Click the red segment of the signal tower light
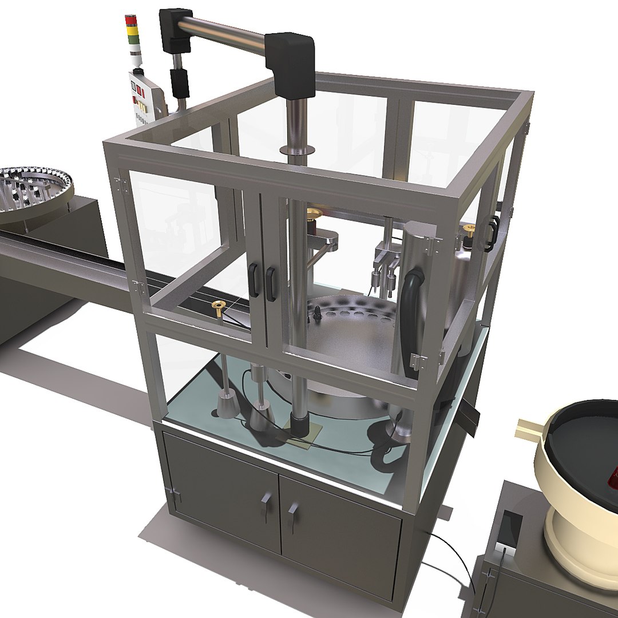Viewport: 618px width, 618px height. click(x=132, y=21)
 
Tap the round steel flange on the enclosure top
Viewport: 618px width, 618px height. click(x=298, y=150)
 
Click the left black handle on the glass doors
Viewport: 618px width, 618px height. click(x=252, y=280)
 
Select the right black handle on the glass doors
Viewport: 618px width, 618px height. click(x=270, y=284)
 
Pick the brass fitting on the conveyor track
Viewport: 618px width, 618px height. click(x=219, y=304)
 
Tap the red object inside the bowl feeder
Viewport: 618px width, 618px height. click(x=614, y=476)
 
